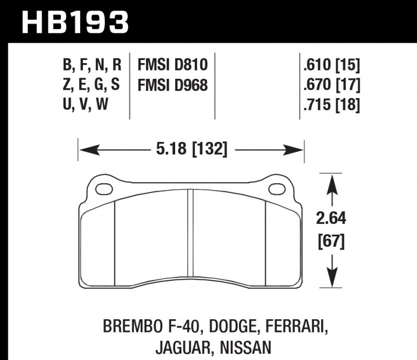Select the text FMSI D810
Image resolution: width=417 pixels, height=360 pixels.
pos(173,65)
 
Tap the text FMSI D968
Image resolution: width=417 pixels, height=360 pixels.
pos(173,85)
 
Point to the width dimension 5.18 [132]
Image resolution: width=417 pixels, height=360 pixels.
pos(191,150)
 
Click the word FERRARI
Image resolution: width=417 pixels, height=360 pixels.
pos(298,327)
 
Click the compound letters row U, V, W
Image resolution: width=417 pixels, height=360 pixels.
pos(85,105)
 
